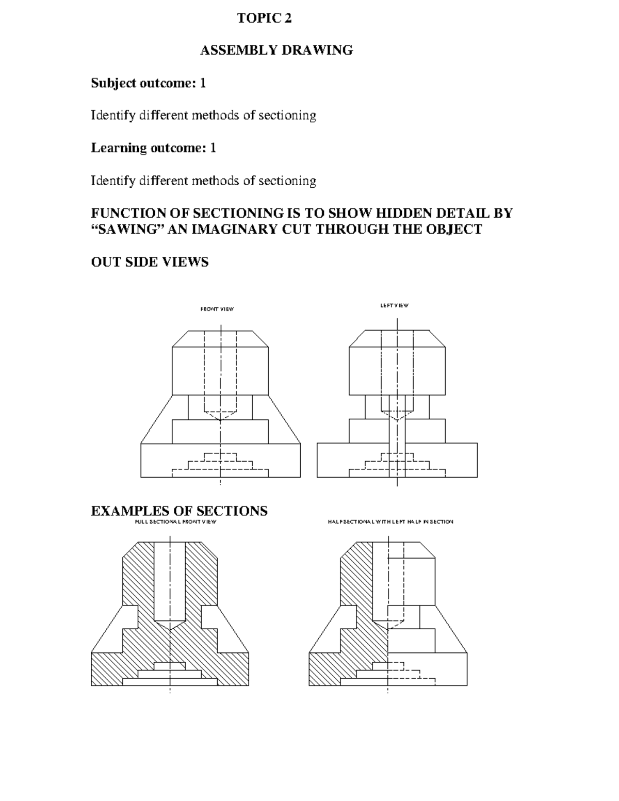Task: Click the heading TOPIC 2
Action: click(264, 19)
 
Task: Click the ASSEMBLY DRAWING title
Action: click(276, 51)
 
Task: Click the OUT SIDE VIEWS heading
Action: click(150, 262)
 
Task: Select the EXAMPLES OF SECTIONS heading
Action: click(179, 511)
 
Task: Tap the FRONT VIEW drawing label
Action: click(217, 309)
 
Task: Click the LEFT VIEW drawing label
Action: click(394, 306)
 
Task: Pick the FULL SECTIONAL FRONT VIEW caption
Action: click(175, 522)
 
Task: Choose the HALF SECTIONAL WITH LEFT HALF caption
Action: click(390, 522)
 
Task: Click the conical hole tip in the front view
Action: click(220, 416)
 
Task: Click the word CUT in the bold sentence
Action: click(296, 230)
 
